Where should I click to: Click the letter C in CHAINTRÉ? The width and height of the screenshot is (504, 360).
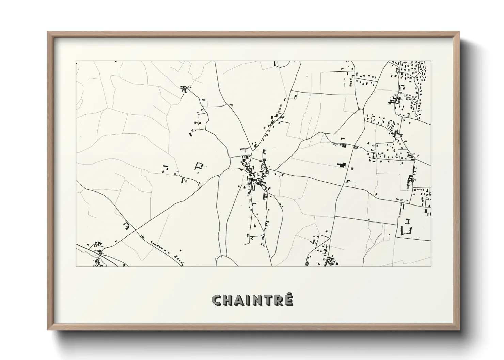pos(217,300)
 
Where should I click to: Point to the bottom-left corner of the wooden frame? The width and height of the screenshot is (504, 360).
pos(48,329)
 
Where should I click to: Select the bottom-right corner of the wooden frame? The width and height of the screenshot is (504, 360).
pos(459,329)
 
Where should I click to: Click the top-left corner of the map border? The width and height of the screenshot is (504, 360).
pos(76,61)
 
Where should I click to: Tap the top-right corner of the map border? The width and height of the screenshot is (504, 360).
pos(431,61)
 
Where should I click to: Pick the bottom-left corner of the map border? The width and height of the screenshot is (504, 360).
pos(76,266)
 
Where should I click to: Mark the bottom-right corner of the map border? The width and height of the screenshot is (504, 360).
pos(431,266)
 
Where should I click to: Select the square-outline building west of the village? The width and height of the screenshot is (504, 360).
pos(199,166)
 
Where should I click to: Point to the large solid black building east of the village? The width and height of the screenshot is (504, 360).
pos(342,165)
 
